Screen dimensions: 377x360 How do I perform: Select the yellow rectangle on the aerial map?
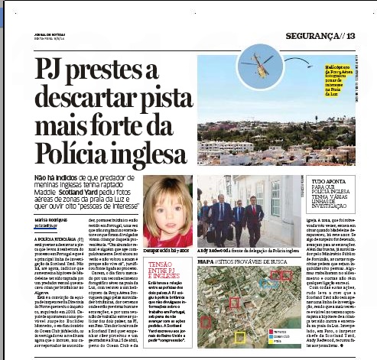tap(240, 336)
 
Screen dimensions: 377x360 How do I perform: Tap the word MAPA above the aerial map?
tap(206, 261)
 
